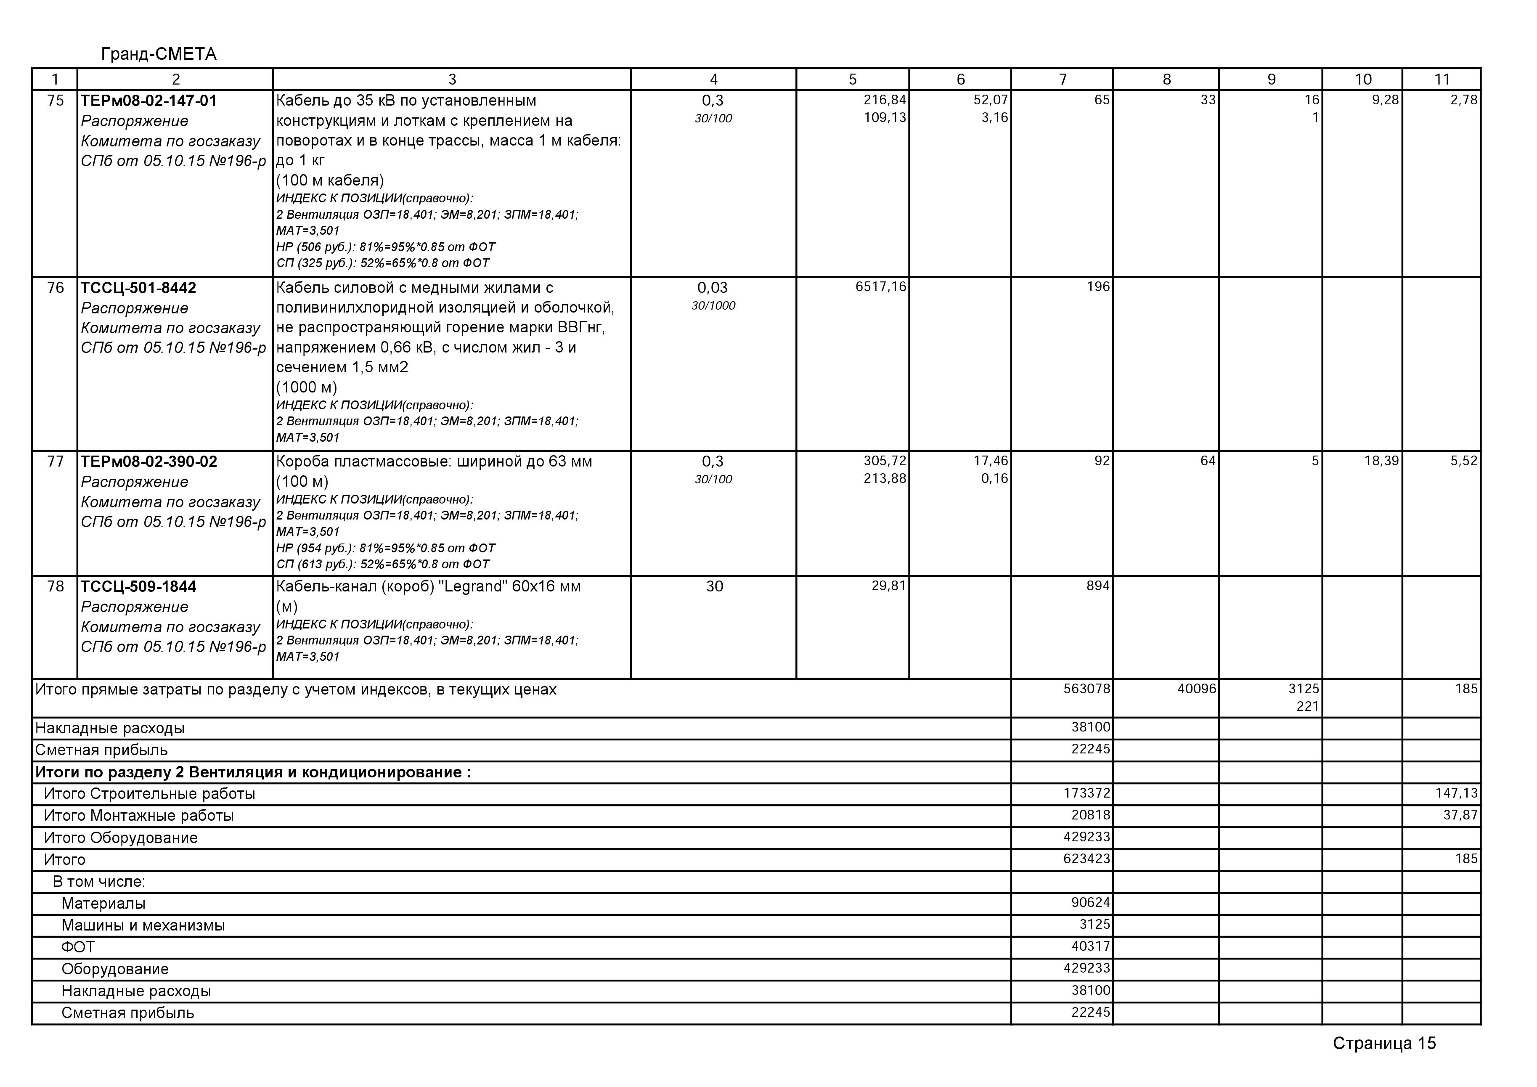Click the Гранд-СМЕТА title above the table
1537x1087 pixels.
[159, 54]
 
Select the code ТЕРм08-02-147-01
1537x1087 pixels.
[148, 101]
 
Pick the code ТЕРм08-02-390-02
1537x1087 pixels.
[148, 462]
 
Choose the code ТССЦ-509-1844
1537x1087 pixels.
[138, 587]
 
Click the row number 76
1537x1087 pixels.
[56, 288]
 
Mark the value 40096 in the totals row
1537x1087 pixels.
[1197, 689]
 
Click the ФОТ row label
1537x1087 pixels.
[78, 947]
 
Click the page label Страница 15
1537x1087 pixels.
[1384, 1044]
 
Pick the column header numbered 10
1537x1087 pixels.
[1363, 80]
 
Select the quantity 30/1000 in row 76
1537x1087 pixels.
[713, 306]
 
